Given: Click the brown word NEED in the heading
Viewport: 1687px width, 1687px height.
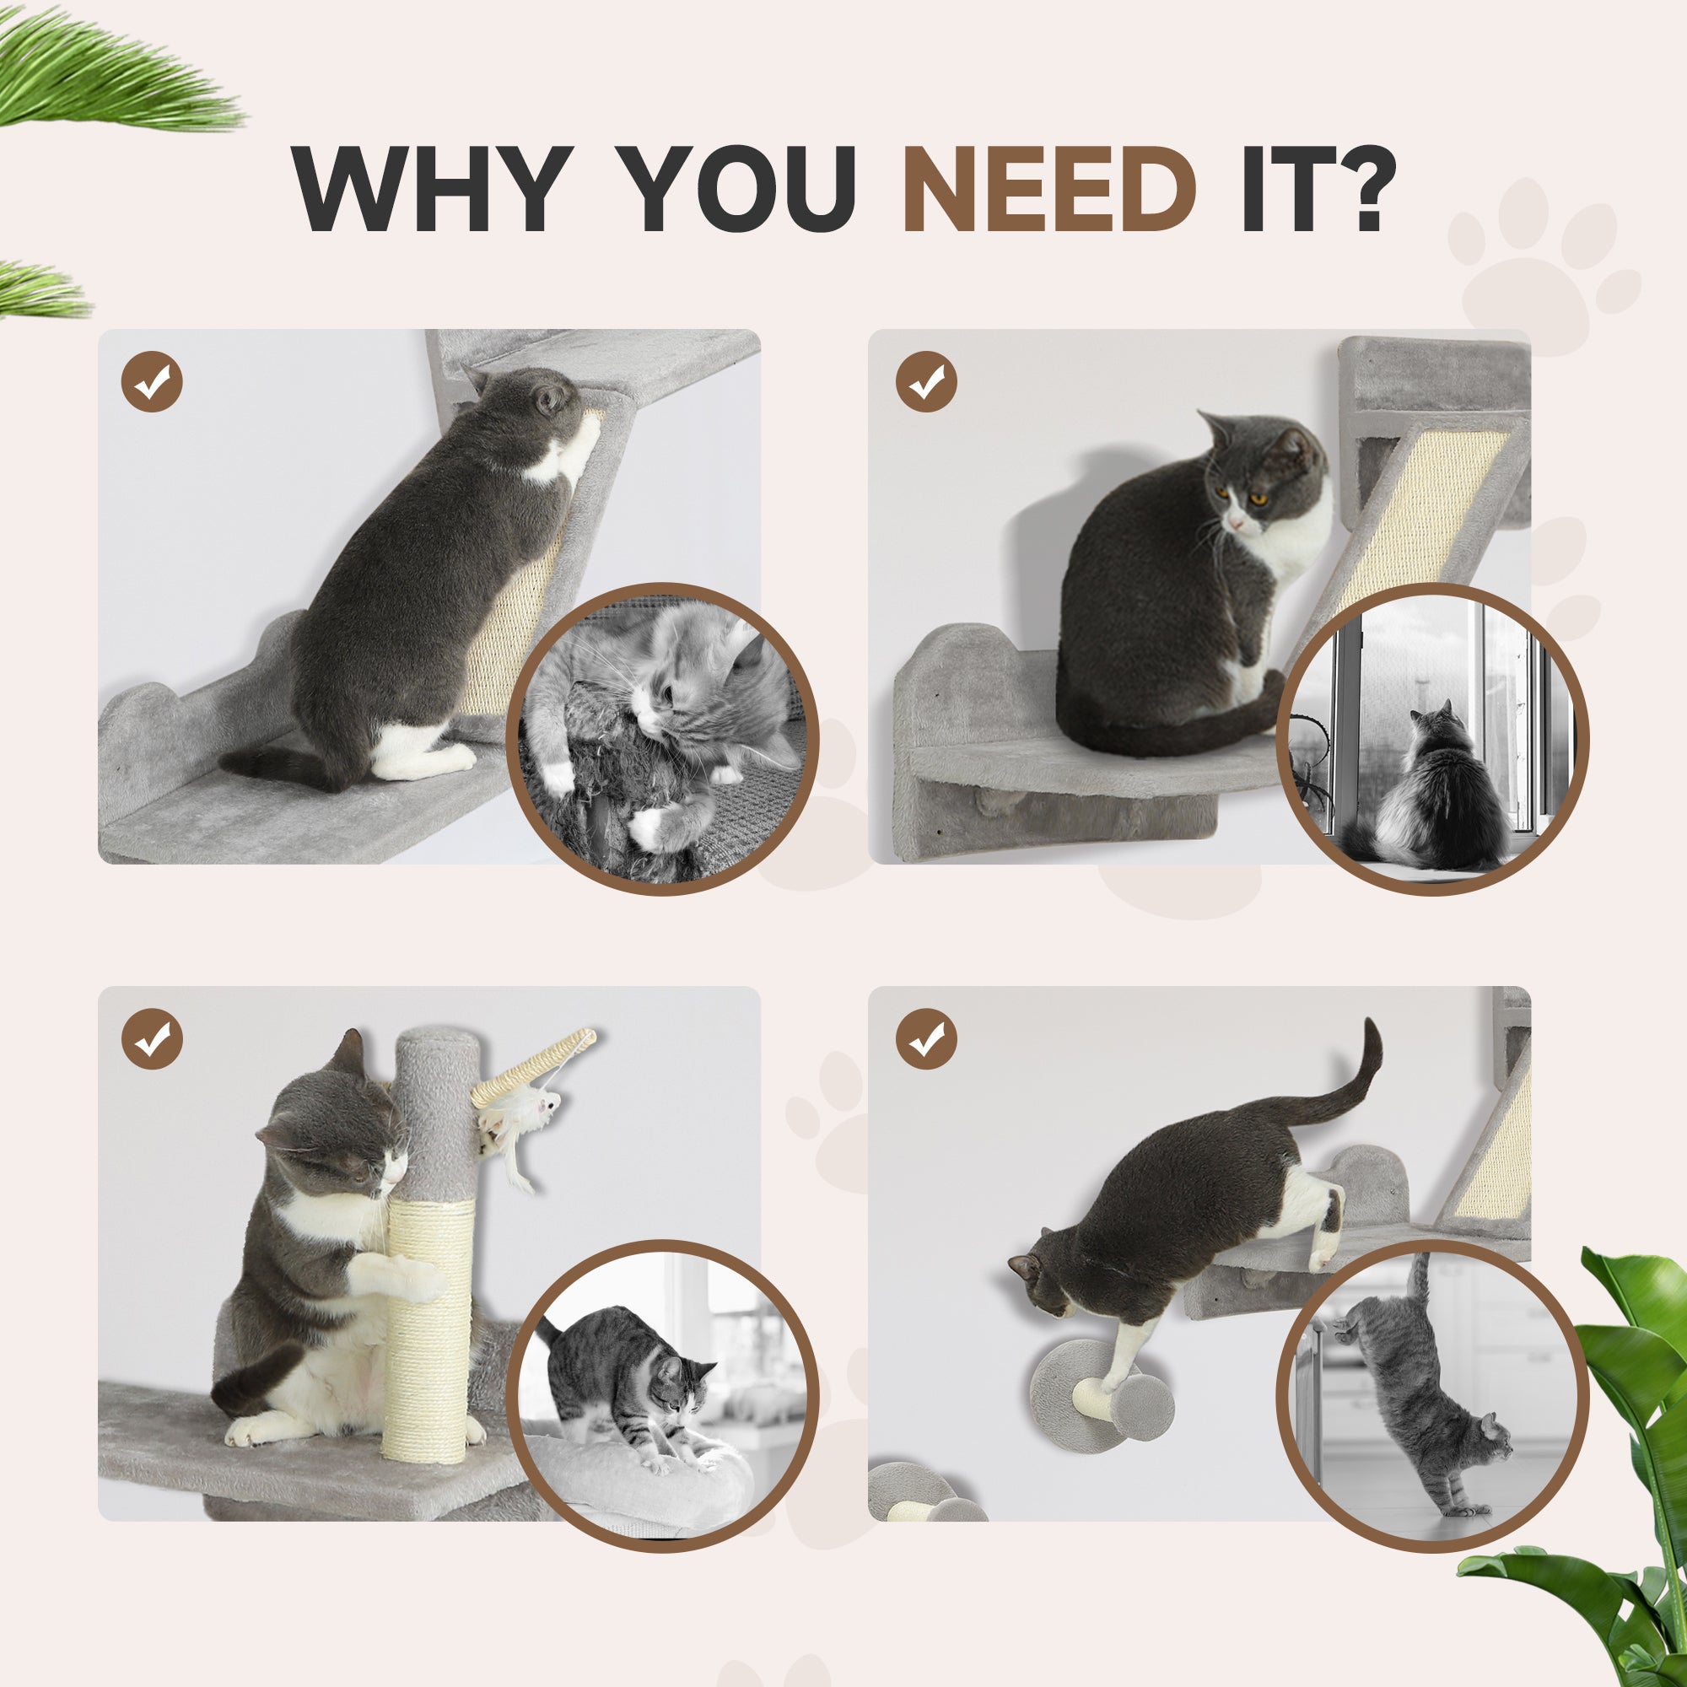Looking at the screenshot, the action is click(1049, 190).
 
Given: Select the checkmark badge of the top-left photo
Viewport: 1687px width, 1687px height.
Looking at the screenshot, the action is click(152, 381).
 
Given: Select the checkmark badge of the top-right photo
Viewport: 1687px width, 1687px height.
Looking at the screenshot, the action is click(926, 381).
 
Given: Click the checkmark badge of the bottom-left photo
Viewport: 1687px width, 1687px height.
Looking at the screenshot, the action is click(152, 1039).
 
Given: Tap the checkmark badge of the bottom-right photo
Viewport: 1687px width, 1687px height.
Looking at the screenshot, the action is click(926, 1039).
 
